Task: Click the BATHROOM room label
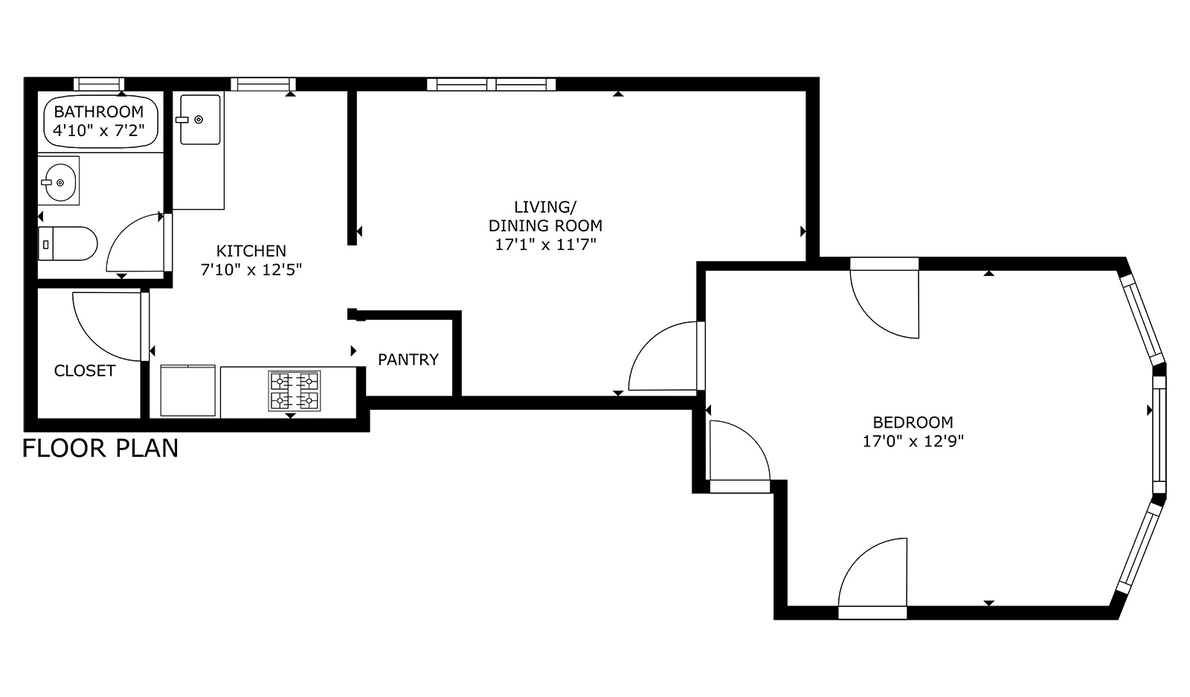99,112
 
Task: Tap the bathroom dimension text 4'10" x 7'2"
99,131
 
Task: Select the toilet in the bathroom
68,244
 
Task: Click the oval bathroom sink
59,182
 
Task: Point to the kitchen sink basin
200,120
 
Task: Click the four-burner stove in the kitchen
295,391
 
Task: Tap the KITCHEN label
251,251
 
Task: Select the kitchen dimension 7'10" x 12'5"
251,270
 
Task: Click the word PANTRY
408,359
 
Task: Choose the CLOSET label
85,370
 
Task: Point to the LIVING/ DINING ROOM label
546,216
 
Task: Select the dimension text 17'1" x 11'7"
546,245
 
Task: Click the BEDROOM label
913,423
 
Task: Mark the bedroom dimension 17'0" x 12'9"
913,441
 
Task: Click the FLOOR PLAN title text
100,449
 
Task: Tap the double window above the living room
492,85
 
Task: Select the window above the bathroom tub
99,84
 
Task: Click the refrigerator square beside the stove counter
188,391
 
